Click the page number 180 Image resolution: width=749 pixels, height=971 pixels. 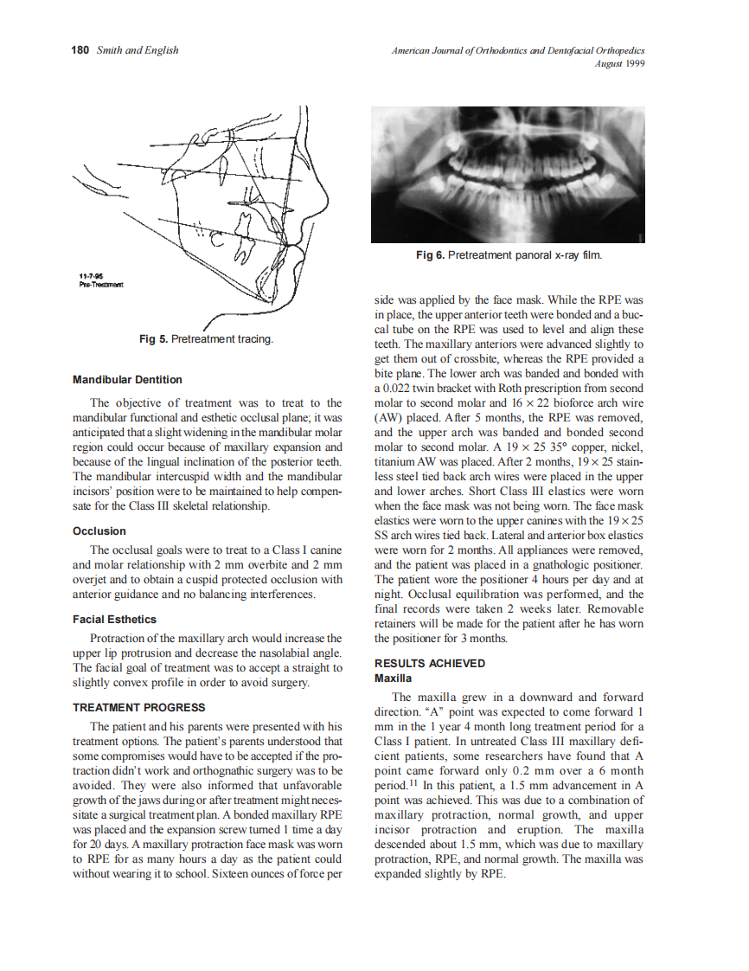click(80, 50)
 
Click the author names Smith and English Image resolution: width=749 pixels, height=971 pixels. click(138, 50)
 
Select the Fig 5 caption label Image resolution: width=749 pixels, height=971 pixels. click(153, 339)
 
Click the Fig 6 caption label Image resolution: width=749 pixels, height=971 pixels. click(431, 255)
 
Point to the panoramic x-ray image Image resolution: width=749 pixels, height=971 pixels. click(509, 173)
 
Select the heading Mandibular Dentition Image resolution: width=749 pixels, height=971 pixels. click(127, 379)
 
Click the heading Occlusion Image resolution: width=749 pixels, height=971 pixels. click(99, 531)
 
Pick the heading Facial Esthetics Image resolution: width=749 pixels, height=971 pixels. click(114, 619)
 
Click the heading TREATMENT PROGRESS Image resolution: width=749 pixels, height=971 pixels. click(138, 707)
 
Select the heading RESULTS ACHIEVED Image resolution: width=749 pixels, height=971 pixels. click(429, 664)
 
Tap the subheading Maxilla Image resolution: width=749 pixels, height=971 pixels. click(393, 678)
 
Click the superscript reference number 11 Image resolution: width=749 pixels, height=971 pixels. click(413, 782)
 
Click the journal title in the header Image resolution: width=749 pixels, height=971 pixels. click(518, 50)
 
